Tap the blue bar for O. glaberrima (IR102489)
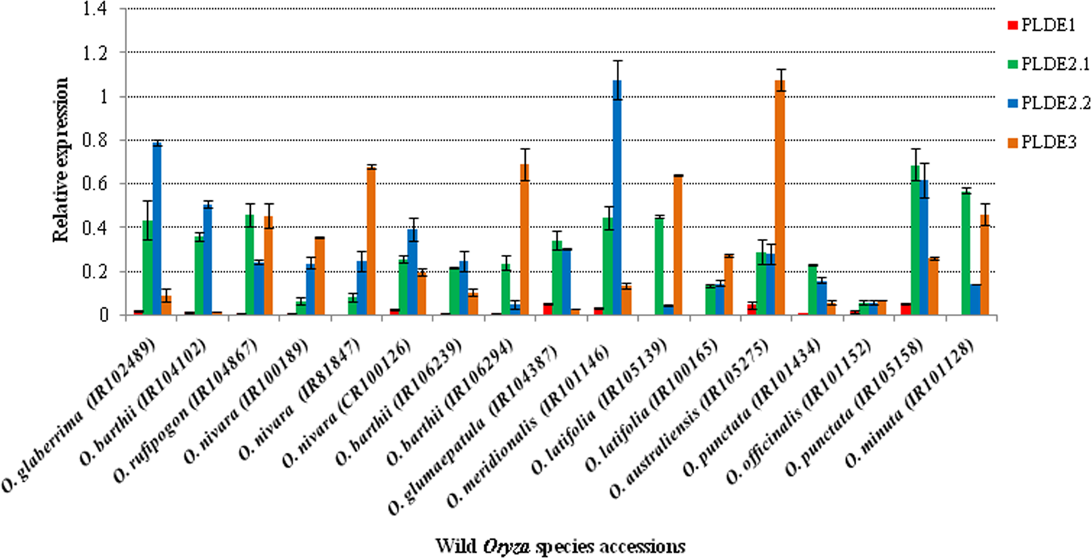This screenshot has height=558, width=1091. (x=157, y=229)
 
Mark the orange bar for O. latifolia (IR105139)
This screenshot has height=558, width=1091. (x=677, y=245)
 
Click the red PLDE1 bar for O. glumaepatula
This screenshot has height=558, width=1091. (x=547, y=310)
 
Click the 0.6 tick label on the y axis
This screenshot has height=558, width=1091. (x=106, y=184)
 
